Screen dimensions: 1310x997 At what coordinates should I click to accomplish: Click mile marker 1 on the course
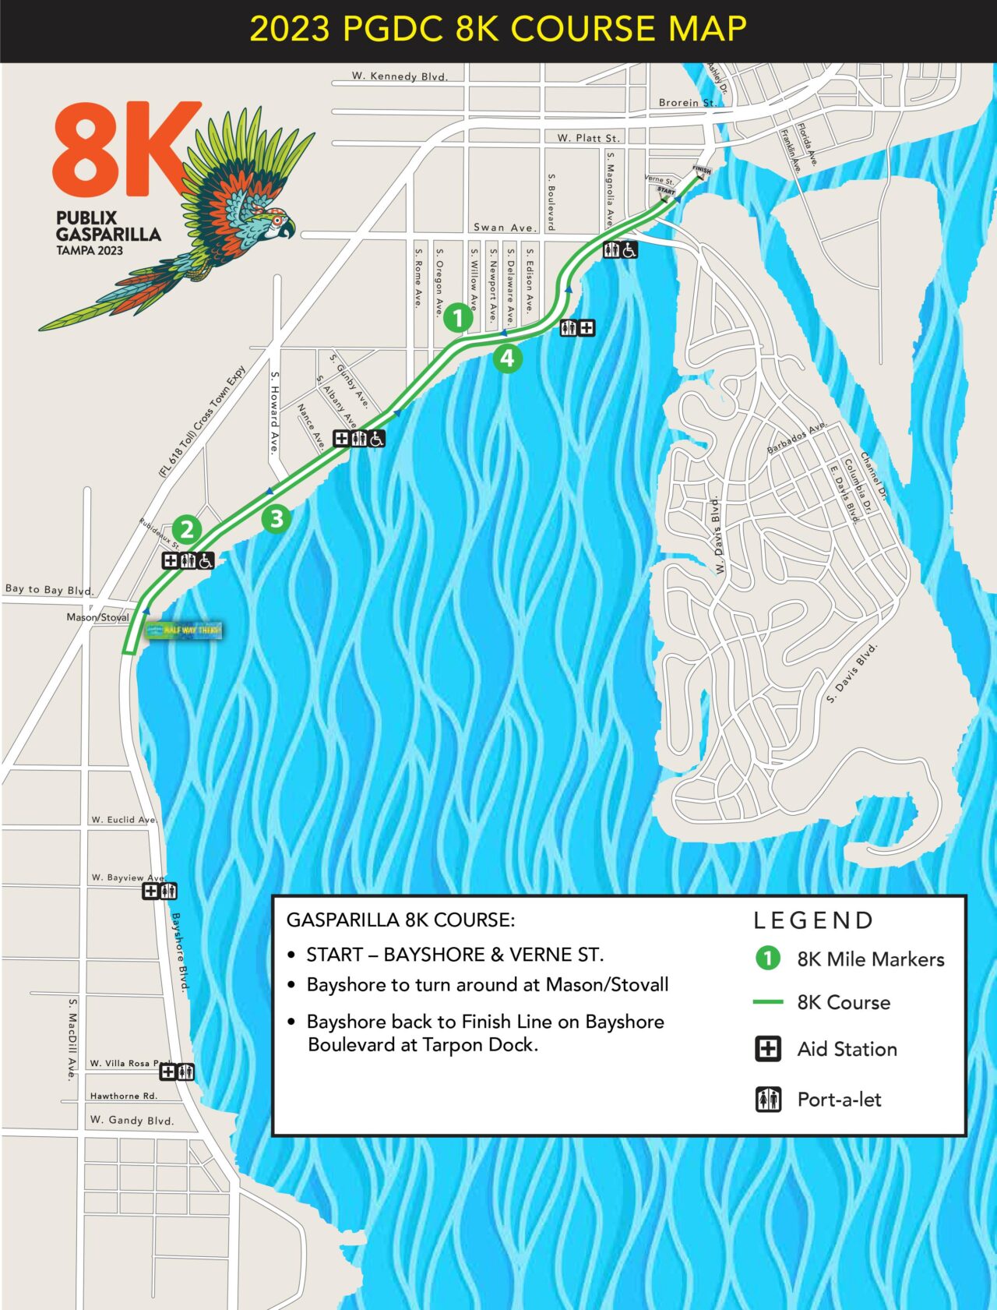click(x=458, y=317)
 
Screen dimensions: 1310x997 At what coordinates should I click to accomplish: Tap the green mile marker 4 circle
click(x=507, y=358)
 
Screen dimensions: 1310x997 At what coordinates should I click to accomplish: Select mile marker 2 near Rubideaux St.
click(x=187, y=530)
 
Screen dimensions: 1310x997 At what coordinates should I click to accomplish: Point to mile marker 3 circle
click(x=277, y=518)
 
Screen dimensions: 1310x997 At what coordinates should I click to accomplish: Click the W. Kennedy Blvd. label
click(x=400, y=76)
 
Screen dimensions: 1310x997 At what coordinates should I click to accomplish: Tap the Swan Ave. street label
click(x=505, y=228)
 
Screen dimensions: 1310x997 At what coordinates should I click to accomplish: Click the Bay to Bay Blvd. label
click(x=48, y=590)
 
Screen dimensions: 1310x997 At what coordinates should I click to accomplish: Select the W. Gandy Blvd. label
click(x=132, y=1120)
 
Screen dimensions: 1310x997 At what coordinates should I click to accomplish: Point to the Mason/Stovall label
click(x=97, y=617)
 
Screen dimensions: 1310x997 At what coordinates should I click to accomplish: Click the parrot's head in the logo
click(x=274, y=222)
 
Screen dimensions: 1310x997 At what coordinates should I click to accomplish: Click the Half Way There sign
click(x=185, y=630)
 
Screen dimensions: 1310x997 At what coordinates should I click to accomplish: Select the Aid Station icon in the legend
click(x=768, y=1049)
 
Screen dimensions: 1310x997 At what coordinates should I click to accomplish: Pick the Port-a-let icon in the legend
click(x=768, y=1100)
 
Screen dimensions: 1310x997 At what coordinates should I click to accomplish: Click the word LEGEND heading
click(x=813, y=920)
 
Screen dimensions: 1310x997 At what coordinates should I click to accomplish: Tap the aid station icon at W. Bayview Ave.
click(x=151, y=891)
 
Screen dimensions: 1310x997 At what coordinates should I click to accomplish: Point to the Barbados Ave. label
click(x=796, y=439)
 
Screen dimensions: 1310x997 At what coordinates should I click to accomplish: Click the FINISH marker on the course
click(x=702, y=171)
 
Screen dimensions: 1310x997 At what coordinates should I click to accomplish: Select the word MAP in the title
click(x=707, y=30)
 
